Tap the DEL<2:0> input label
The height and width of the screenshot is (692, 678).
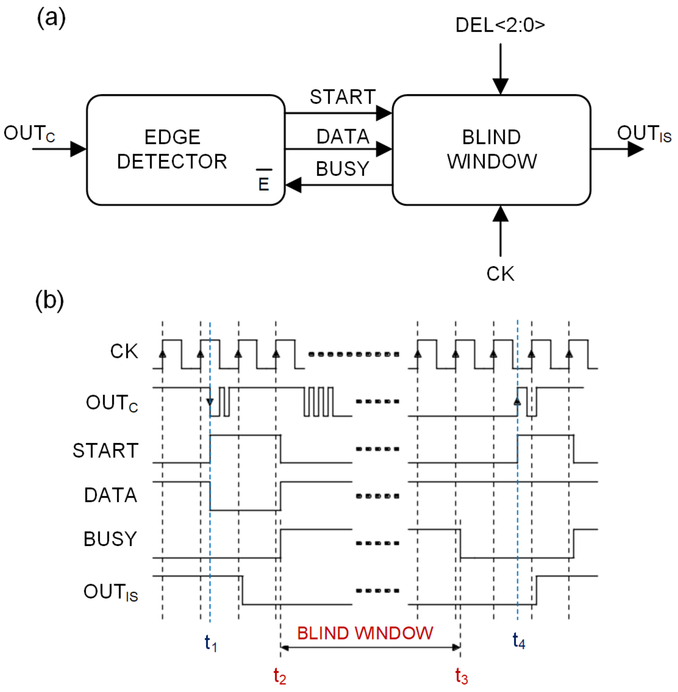pos(500,25)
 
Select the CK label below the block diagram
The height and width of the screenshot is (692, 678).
pos(500,274)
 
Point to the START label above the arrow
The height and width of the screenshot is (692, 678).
pos(343,97)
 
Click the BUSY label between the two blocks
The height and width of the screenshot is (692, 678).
pos(343,168)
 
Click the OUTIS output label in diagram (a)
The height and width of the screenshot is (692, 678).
pos(644,134)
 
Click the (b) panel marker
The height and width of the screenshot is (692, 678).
pos(49,300)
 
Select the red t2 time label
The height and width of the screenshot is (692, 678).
pos(279,676)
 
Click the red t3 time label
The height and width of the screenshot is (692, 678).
pos(462,676)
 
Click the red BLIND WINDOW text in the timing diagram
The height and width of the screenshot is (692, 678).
pos(365,633)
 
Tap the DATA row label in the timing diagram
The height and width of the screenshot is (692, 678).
pos(110,495)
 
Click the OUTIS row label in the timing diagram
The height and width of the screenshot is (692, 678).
pos(110,592)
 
